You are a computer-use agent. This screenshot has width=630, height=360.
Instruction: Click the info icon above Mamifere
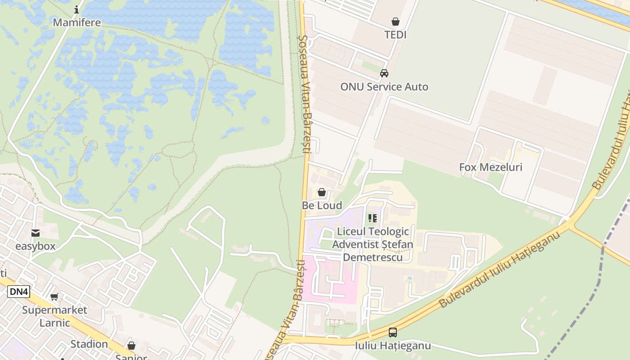point(76,9)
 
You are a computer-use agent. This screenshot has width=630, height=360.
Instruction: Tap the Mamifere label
point(76,22)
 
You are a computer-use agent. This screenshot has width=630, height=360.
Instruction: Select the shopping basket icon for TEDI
point(395,21)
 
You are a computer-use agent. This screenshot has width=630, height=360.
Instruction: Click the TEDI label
point(395,35)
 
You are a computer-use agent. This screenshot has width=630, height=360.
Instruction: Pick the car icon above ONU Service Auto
point(384,73)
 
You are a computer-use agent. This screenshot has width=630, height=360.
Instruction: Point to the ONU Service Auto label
point(384,87)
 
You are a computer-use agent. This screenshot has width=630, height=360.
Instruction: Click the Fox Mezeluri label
point(490,167)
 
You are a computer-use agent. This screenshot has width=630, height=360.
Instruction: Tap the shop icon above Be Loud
point(322,193)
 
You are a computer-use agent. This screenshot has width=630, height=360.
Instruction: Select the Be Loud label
point(322,206)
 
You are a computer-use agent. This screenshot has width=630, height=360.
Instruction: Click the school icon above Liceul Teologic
point(373,218)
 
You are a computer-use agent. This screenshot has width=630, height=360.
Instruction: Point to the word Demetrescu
point(373,257)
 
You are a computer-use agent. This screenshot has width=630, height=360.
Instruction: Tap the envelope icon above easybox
point(35,233)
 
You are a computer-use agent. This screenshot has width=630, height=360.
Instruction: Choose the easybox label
point(35,246)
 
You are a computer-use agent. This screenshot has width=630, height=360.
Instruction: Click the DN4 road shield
point(19,292)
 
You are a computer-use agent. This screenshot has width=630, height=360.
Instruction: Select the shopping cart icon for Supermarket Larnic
point(54,297)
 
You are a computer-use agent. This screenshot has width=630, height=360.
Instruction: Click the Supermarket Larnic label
point(54,316)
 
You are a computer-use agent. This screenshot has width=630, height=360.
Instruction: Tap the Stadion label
point(89,344)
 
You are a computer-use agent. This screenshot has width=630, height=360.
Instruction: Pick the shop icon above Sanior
point(131,346)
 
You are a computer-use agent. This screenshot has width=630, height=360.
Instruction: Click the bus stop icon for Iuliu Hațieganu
point(393,333)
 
